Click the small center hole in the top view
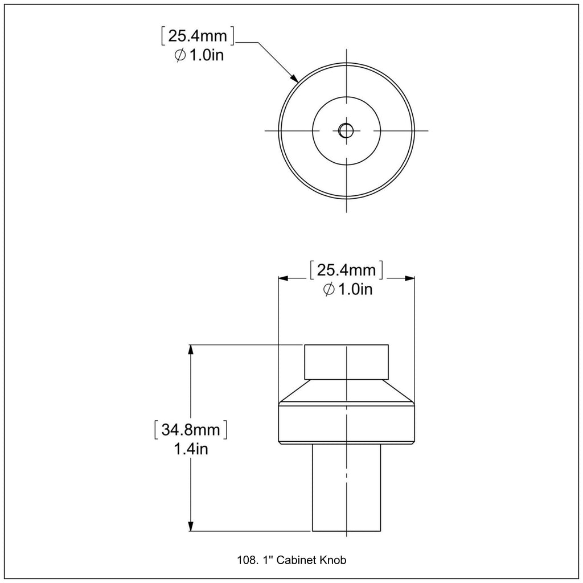(346, 130)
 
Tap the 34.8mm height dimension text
(191, 430)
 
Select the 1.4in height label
(191, 449)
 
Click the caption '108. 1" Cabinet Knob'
(291, 560)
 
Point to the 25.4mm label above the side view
(346, 270)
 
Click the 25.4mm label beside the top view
(198, 36)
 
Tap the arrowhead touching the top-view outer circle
(294, 77)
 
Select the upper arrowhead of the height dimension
(191, 350)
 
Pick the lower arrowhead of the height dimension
(191, 525)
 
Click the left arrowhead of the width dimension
(284, 278)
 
